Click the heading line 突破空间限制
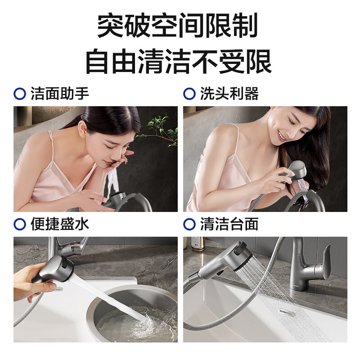(x=177, y=25)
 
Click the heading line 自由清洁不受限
(x=179, y=62)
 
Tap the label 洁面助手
(x=60, y=94)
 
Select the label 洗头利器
(x=229, y=94)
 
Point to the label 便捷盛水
(x=60, y=224)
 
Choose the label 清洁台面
(x=229, y=224)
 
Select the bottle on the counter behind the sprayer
(x=198, y=243)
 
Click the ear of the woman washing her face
(x=82, y=128)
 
